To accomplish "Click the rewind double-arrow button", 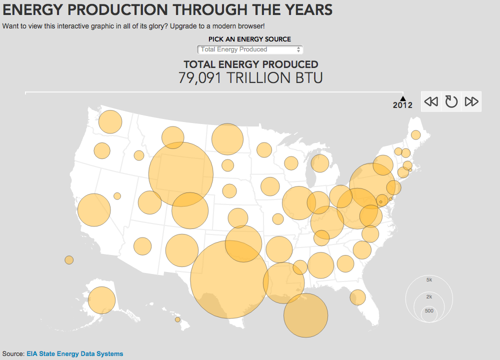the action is [x=431, y=101].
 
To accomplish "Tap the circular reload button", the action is [x=451, y=101].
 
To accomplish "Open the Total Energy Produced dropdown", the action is [x=250, y=49].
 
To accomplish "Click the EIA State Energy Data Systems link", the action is [x=74, y=353].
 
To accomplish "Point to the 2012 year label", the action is [x=402, y=105].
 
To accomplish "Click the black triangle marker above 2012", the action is [x=402, y=98].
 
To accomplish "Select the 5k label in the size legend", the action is [x=429, y=279].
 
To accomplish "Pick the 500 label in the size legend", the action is [x=429, y=310].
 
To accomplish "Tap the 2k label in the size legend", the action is [x=429, y=296].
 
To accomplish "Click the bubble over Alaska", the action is [x=101, y=300].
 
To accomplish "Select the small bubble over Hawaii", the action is [x=177, y=319].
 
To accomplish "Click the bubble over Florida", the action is [x=357, y=297].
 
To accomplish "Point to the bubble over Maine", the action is [x=416, y=135].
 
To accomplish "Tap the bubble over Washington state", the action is [x=110, y=122].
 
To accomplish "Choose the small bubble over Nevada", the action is [x=117, y=196].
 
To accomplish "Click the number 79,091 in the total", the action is [x=199, y=78].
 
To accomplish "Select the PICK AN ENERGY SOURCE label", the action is [x=249, y=39].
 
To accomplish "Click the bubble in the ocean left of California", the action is [x=69, y=260].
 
